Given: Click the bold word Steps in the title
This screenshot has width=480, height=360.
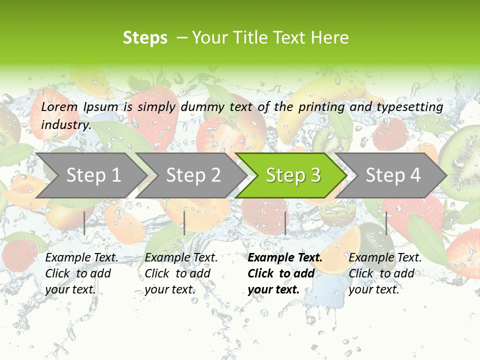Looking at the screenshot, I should [x=145, y=38].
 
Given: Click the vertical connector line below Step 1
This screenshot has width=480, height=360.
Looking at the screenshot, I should [x=84, y=223].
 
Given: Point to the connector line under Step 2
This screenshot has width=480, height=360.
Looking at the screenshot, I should [x=184, y=223].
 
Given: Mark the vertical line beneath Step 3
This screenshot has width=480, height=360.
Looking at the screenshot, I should [x=285, y=223].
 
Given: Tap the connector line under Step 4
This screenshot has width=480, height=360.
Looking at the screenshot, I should [x=386, y=223].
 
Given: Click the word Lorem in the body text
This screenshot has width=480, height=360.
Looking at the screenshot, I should [x=59, y=107].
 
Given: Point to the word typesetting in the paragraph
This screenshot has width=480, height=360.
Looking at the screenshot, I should [x=409, y=107].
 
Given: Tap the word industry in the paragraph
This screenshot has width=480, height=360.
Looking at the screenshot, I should [x=65, y=124].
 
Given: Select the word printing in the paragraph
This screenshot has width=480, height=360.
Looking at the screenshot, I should [x=321, y=107].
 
